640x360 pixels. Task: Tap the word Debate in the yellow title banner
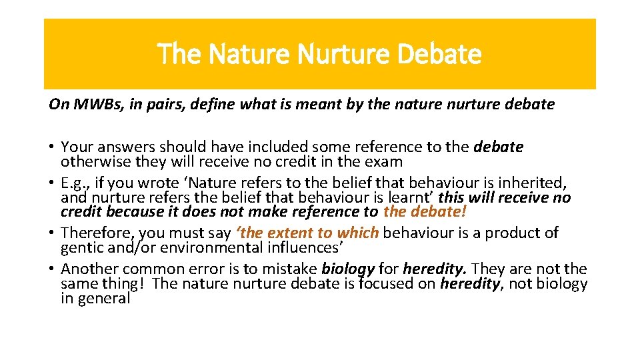tap(438, 54)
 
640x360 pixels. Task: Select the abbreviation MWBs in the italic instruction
tap(91, 105)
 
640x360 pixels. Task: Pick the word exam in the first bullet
tap(387, 161)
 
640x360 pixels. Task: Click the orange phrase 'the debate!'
tap(425, 211)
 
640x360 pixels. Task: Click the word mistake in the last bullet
tap(293, 269)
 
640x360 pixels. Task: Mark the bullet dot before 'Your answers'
tap(51, 147)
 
